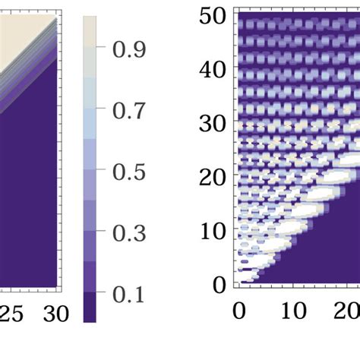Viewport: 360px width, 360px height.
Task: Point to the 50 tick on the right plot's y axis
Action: [213, 16]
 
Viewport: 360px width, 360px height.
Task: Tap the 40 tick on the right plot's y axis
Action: [213, 70]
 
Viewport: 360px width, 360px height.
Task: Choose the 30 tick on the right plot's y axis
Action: [213, 124]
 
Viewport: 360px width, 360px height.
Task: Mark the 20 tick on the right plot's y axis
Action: [213, 178]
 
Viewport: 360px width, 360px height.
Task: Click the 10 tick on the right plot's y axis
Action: [213, 231]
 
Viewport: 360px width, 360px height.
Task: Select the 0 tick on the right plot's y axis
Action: [220, 285]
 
